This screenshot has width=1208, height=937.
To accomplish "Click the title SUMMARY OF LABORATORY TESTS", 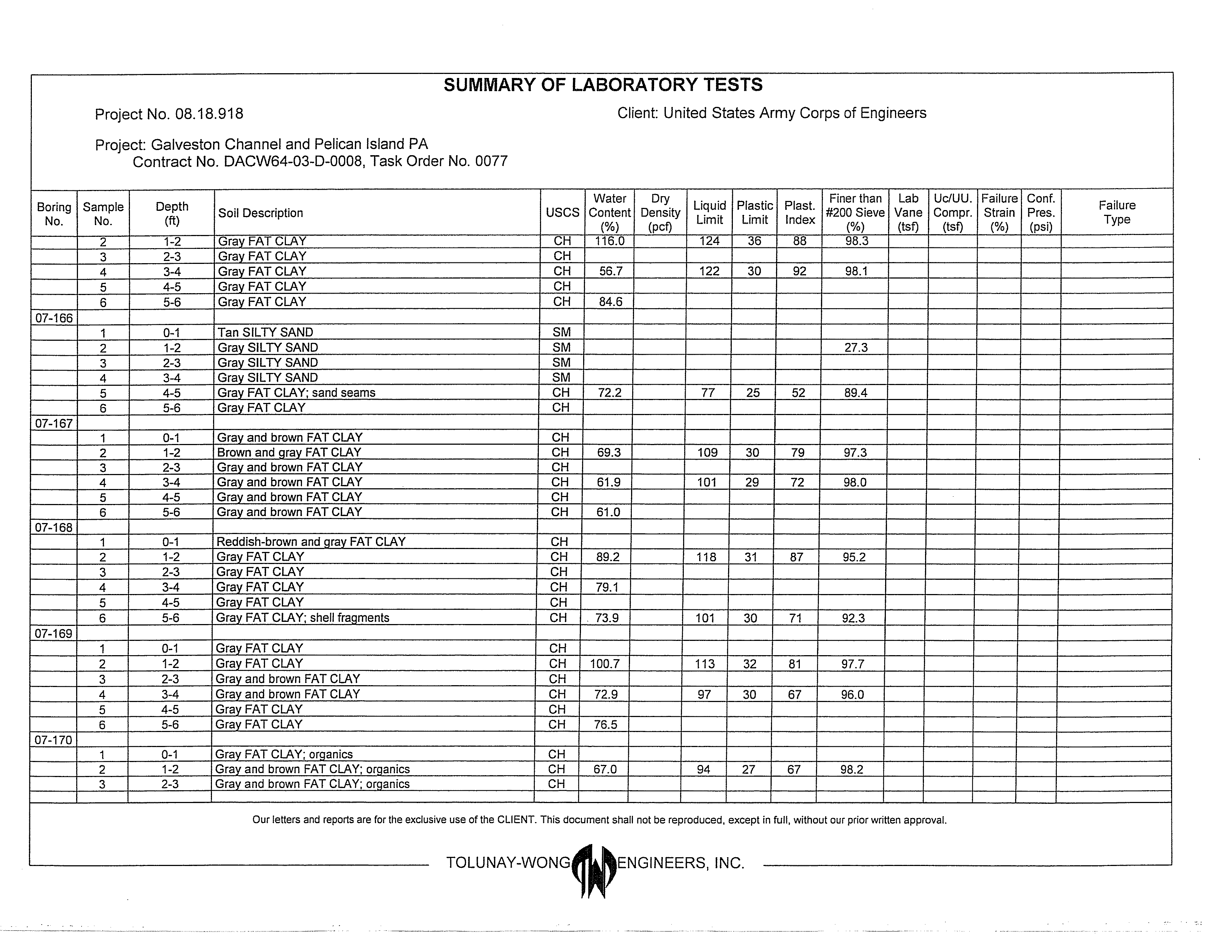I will (603, 85).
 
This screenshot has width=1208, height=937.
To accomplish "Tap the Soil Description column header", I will (261, 213).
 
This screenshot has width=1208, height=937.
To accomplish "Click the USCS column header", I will (563, 213).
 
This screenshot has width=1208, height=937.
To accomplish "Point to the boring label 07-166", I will (54, 318).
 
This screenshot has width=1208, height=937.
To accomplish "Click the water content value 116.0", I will (609, 241).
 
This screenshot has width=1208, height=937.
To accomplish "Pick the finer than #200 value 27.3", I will (856, 347).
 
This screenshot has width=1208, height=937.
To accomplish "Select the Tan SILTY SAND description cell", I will (265, 332).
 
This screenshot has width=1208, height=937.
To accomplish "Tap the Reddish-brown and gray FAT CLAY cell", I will (311, 541).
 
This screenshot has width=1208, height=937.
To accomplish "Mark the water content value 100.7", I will (605, 664).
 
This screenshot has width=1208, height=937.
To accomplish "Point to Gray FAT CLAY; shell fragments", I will (303, 618).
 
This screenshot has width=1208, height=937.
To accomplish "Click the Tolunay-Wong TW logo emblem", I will (593, 870).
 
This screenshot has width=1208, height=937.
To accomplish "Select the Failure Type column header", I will (1117, 212).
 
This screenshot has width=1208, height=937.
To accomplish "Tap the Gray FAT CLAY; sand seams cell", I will (297, 393).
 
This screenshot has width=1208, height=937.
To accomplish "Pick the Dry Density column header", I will (660, 212).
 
